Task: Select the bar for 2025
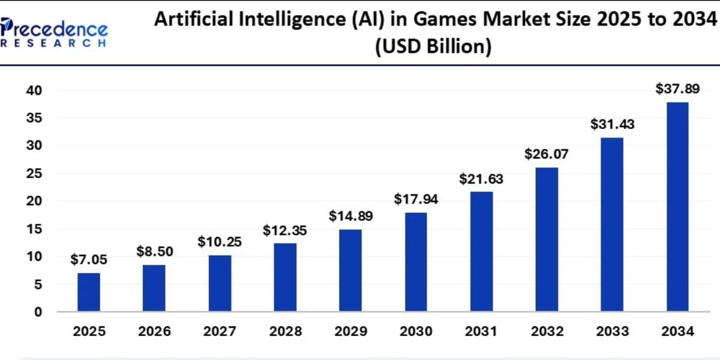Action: coord(89,292)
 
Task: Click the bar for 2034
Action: coord(677,207)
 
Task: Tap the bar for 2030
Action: coord(416,262)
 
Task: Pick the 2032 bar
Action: coord(547,239)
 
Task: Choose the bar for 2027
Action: coord(220,283)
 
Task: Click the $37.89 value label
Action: coord(677,89)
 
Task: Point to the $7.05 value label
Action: coord(89,260)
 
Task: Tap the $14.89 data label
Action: coord(350,217)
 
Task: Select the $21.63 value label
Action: coord(481,179)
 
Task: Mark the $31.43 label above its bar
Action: coord(612,125)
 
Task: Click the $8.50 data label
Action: coord(154,251)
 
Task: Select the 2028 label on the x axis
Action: coord(285,332)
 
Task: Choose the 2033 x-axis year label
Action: coord(612,332)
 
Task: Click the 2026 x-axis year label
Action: coord(154,332)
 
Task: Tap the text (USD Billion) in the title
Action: coord(433,46)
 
